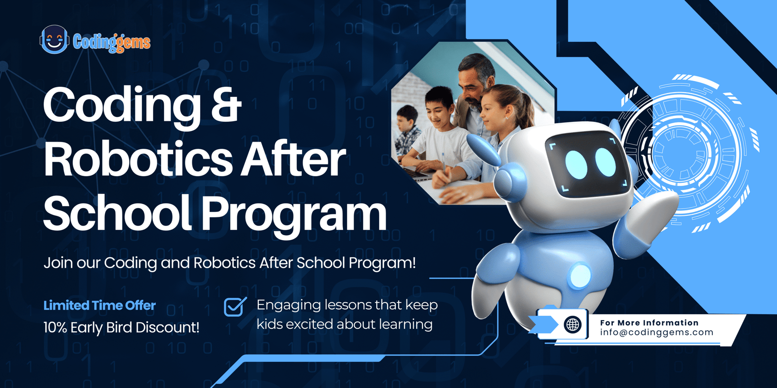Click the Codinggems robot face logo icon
point(54,39)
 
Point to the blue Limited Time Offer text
point(100,306)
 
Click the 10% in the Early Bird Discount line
point(55,327)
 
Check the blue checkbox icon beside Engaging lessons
point(236,307)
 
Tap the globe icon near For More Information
point(573,324)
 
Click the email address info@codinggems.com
point(657,332)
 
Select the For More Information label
point(649,323)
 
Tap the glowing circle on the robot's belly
point(580,276)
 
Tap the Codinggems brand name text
point(112,42)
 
